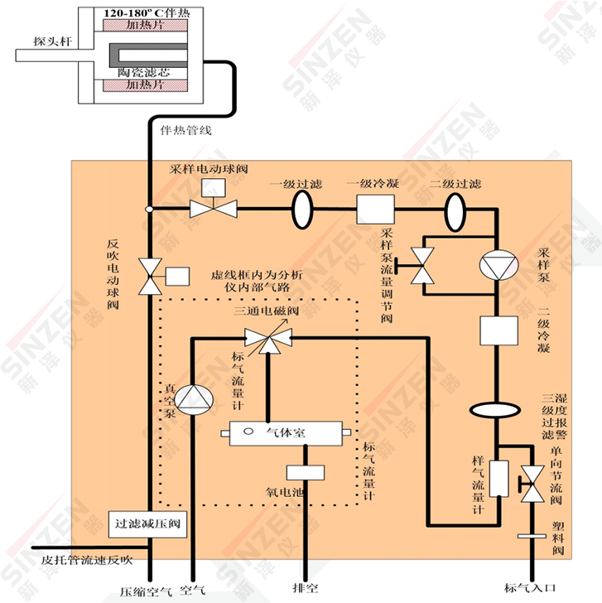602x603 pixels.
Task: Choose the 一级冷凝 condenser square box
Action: [x=373, y=207]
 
